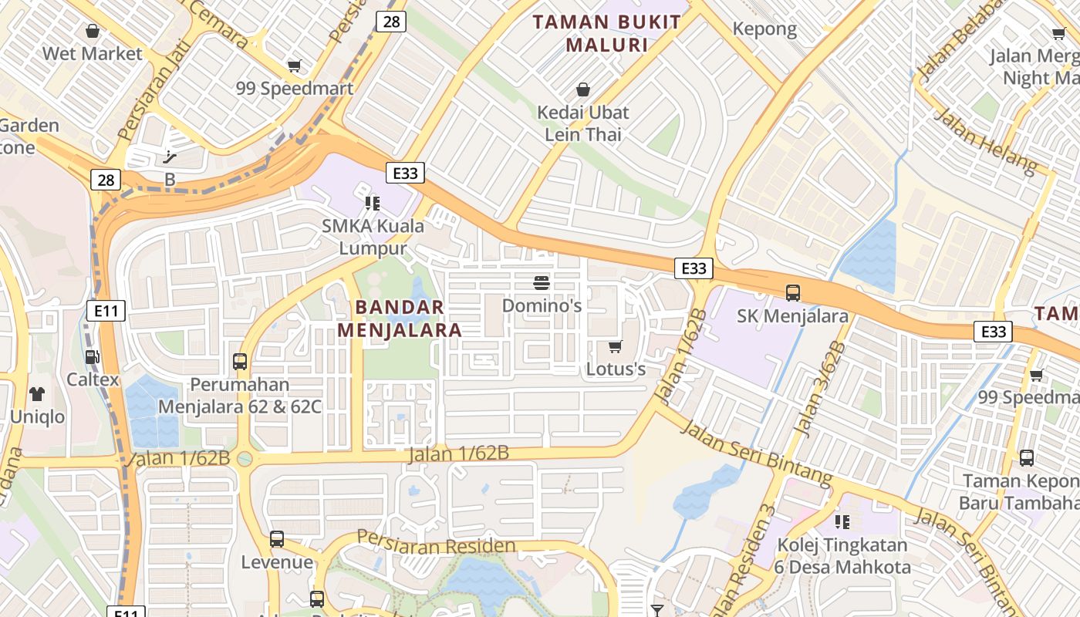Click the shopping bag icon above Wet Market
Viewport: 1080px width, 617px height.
93,32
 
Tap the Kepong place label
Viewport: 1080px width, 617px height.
764,29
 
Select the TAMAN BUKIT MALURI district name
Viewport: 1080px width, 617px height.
607,33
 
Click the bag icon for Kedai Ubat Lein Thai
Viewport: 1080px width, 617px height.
583,90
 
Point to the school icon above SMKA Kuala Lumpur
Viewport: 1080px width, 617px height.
373,204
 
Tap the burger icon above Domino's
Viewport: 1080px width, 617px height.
542,283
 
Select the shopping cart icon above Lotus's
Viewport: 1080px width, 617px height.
615,347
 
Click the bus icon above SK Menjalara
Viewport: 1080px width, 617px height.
792,293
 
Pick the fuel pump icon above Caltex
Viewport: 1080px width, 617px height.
93,357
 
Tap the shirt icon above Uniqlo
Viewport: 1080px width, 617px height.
37,394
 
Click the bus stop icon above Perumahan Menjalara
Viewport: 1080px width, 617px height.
240,361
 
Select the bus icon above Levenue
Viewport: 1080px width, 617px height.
277,539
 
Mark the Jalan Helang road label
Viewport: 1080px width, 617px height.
985,140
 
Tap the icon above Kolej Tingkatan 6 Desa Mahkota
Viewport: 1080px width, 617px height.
842,522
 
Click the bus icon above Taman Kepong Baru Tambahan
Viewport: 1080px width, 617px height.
1027,458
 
